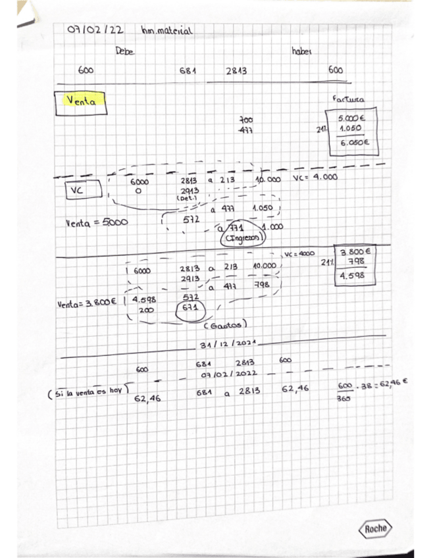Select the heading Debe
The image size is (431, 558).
coord(125,51)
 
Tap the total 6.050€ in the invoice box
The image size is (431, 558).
coord(354,141)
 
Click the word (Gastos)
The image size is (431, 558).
coord(225,324)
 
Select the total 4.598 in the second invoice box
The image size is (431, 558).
coord(356,276)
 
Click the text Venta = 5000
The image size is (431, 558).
coord(96,222)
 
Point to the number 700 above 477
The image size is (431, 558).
coord(246,120)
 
